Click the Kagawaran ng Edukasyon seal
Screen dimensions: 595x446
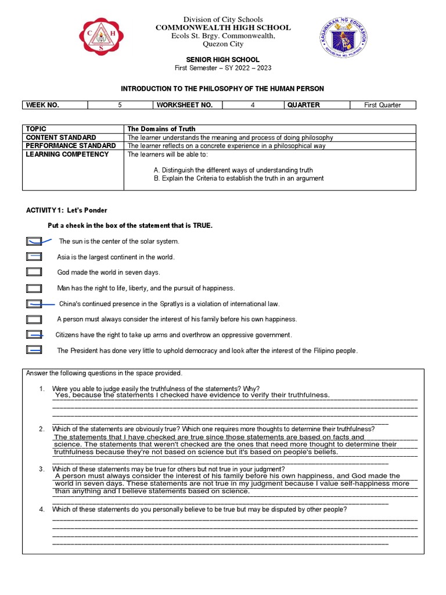coord(344,38)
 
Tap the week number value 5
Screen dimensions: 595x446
coord(120,105)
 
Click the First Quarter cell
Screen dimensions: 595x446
coord(383,105)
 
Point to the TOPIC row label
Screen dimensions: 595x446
coord(36,129)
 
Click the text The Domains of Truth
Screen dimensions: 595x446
coord(161,129)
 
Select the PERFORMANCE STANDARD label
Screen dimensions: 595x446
coord(71,146)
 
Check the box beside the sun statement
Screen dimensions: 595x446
coord(34,241)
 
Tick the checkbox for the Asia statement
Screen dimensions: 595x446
coord(34,257)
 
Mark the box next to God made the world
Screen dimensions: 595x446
coord(34,272)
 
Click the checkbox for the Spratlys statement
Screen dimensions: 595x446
coord(34,303)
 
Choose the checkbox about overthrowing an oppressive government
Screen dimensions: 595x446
coord(34,335)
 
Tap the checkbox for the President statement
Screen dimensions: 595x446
coord(34,350)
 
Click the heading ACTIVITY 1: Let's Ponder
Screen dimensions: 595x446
coord(67,210)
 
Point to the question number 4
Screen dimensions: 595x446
coord(42,510)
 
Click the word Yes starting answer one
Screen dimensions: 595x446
coord(62,395)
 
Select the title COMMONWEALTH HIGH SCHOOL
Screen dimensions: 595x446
coord(223,28)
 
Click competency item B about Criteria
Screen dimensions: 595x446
coord(239,178)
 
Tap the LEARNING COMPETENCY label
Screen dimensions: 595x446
coord(67,155)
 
